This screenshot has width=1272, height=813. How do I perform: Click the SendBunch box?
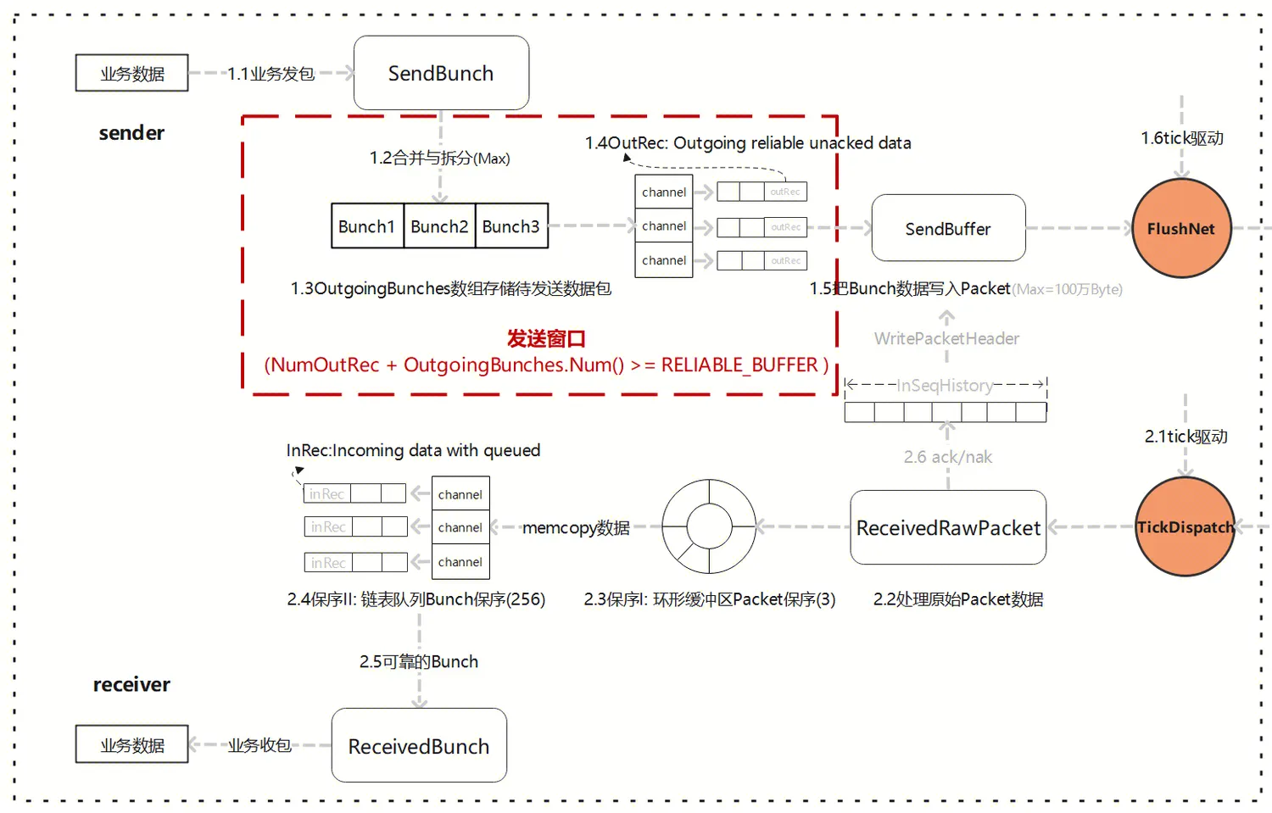coord(441,73)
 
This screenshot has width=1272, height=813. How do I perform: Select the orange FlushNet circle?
coord(1181,228)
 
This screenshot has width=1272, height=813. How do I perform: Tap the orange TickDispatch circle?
coord(1185,526)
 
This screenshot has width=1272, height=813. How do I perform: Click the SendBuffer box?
coord(948,228)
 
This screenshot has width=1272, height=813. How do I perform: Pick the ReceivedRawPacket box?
coord(948,527)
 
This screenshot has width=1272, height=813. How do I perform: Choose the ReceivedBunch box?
coord(419,745)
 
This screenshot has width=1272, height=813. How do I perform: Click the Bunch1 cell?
coord(367,226)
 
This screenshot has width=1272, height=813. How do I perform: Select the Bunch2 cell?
coord(439,226)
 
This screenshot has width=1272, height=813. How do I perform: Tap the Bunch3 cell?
coord(511,226)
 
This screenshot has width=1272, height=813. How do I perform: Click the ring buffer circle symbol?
coord(709,526)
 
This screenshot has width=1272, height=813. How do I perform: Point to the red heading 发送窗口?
coord(546,338)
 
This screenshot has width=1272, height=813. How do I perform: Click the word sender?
coord(131,132)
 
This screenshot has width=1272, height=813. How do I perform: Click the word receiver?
coord(131,684)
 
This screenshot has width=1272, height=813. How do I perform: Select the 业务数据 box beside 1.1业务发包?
coord(132,73)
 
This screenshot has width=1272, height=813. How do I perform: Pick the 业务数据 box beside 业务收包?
coord(132,744)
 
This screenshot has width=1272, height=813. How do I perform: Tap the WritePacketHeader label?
coord(946,338)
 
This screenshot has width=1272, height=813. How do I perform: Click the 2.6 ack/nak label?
coord(947,457)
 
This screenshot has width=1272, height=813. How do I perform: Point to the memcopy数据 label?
coord(576,527)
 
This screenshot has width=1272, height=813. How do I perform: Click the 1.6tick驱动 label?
coord(1182,137)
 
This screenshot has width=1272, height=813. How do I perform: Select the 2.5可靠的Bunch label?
coord(419,661)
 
